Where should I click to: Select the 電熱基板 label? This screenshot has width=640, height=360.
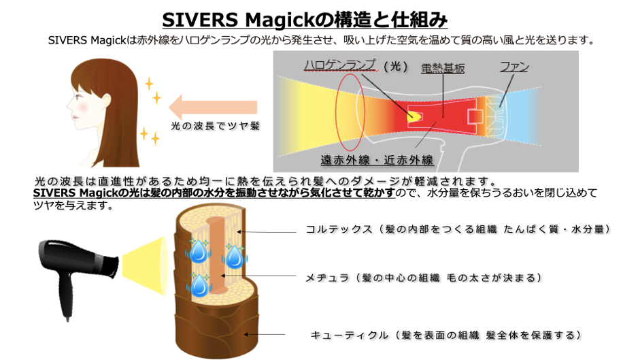pos(443,69)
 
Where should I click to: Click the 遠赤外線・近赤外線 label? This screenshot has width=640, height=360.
pos(377,161)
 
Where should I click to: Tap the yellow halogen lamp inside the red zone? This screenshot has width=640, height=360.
pos(413,116)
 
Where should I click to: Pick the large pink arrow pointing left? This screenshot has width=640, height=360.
pos(212,107)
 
